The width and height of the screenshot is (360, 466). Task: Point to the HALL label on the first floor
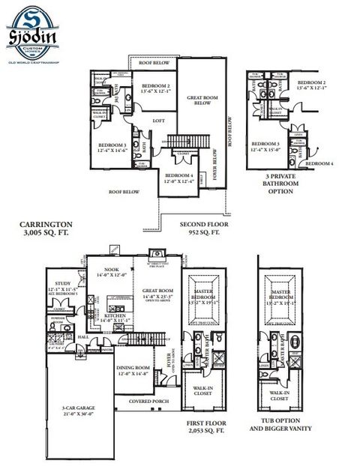(83, 338)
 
